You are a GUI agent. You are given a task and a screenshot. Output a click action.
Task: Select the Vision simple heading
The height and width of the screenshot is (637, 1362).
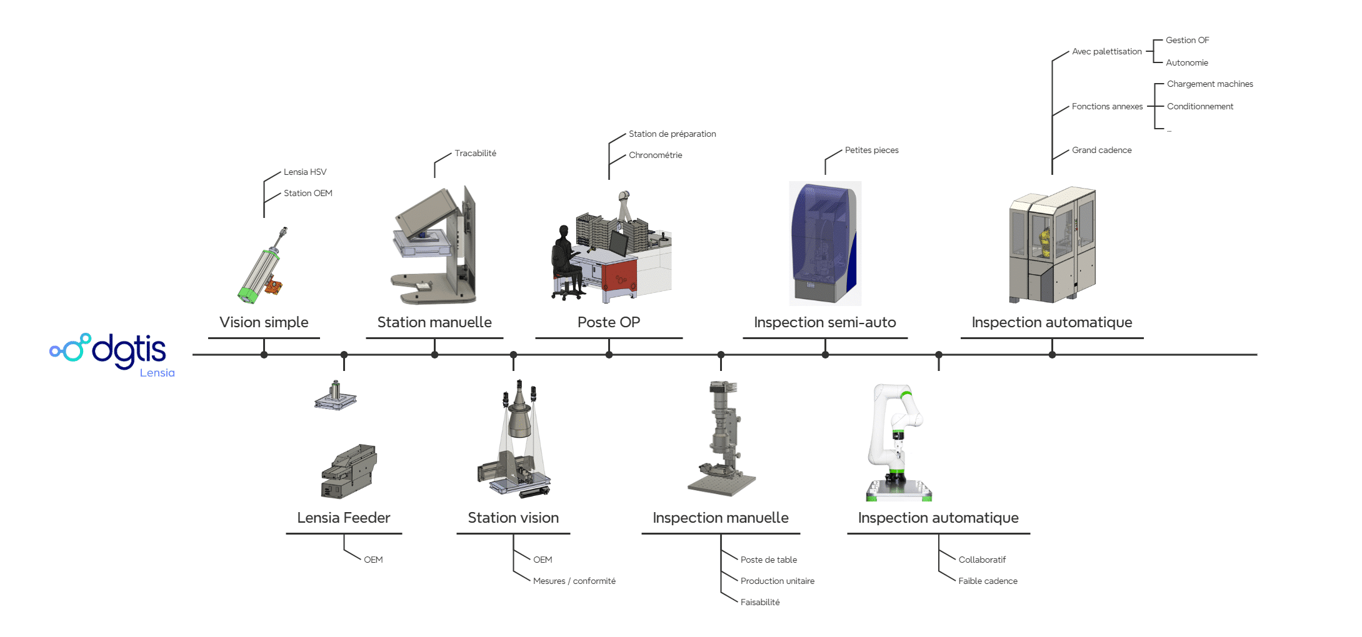pyautogui.click(x=264, y=322)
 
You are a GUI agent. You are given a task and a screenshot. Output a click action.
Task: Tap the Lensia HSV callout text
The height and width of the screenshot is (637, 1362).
pyautogui.click(x=305, y=172)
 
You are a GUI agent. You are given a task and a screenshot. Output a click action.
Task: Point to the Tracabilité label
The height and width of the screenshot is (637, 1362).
pyautogui.click(x=475, y=153)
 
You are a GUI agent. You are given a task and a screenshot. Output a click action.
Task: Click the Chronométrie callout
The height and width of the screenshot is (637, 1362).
pyautogui.click(x=655, y=155)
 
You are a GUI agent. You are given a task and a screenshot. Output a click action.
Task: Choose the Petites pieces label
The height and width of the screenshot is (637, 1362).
pyautogui.click(x=871, y=150)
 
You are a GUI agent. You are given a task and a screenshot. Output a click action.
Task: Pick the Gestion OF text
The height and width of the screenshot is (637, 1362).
pyautogui.click(x=1187, y=40)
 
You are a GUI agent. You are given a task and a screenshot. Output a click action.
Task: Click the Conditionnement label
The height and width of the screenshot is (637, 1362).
pyautogui.click(x=1199, y=106)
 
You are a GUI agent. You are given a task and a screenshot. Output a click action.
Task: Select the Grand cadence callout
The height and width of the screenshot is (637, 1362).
pyautogui.click(x=1101, y=150)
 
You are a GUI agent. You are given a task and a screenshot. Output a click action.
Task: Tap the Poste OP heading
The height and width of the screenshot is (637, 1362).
pyautogui.click(x=608, y=322)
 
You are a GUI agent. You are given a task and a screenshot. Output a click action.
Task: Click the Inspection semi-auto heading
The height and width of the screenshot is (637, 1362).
pyautogui.click(x=824, y=322)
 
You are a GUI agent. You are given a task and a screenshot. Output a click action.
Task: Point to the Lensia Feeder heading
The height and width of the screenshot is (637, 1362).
pyautogui.click(x=343, y=518)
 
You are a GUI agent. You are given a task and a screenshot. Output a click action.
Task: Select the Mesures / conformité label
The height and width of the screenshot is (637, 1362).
pyautogui.click(x=574, y=581)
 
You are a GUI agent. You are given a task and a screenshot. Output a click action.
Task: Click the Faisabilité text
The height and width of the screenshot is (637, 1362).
pyautogui.click(x=759, y=602)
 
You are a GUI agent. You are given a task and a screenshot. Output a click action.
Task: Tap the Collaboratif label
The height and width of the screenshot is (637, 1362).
pyautogui.click(x=982, y=560)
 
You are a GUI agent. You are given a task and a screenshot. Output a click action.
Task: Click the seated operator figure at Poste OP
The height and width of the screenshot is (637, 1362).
pyautogui.click(x=564, y=262)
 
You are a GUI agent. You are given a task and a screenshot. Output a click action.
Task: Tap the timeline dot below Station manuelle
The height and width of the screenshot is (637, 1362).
pyautogui.click(x=434, y=355)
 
